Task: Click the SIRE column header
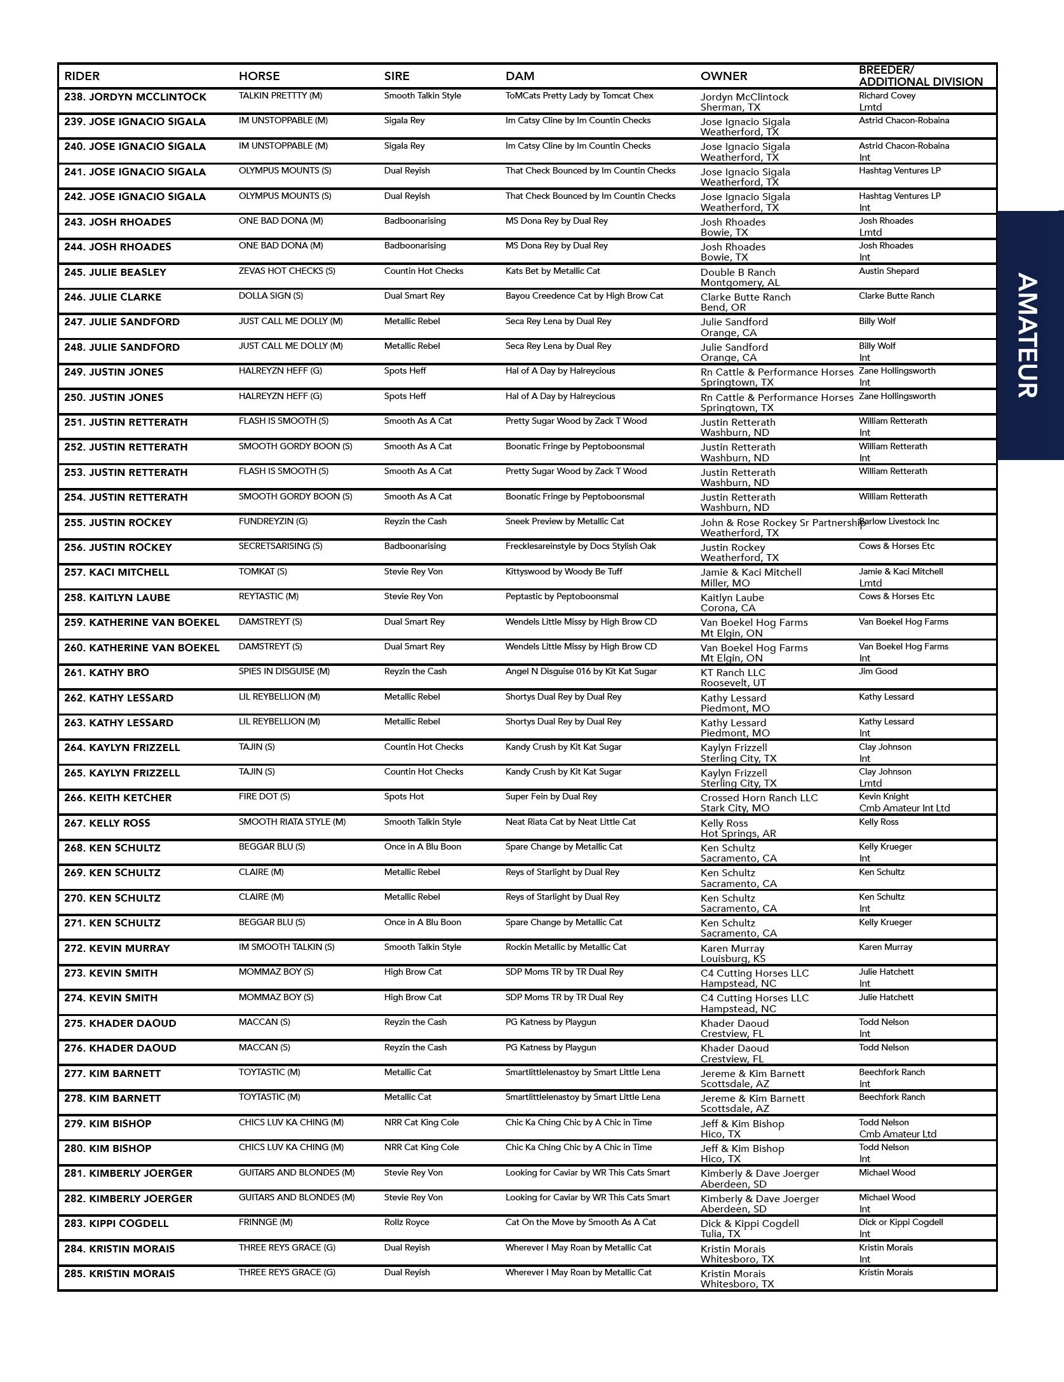point(396,76)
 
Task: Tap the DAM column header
point(520,76)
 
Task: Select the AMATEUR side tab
point(1028,335)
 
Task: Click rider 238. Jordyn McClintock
point(135,97)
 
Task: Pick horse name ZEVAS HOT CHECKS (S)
point(286,271)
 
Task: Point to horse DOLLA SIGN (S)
point(271,296)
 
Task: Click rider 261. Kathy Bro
point(107,673)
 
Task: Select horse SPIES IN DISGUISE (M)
point(284,672)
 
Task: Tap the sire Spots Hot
point(404,797)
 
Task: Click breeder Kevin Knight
point(884,797)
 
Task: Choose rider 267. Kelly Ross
point(107,823)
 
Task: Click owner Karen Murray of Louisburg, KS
point(732,954)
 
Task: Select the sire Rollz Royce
point(407,1223)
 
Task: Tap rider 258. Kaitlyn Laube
point(117,598)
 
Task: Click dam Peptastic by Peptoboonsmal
point(562,597)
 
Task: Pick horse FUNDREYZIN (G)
point(273,522)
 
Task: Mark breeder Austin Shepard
point(889,271)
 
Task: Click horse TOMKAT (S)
point(263,572)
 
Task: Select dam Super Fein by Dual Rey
point(551,797)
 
